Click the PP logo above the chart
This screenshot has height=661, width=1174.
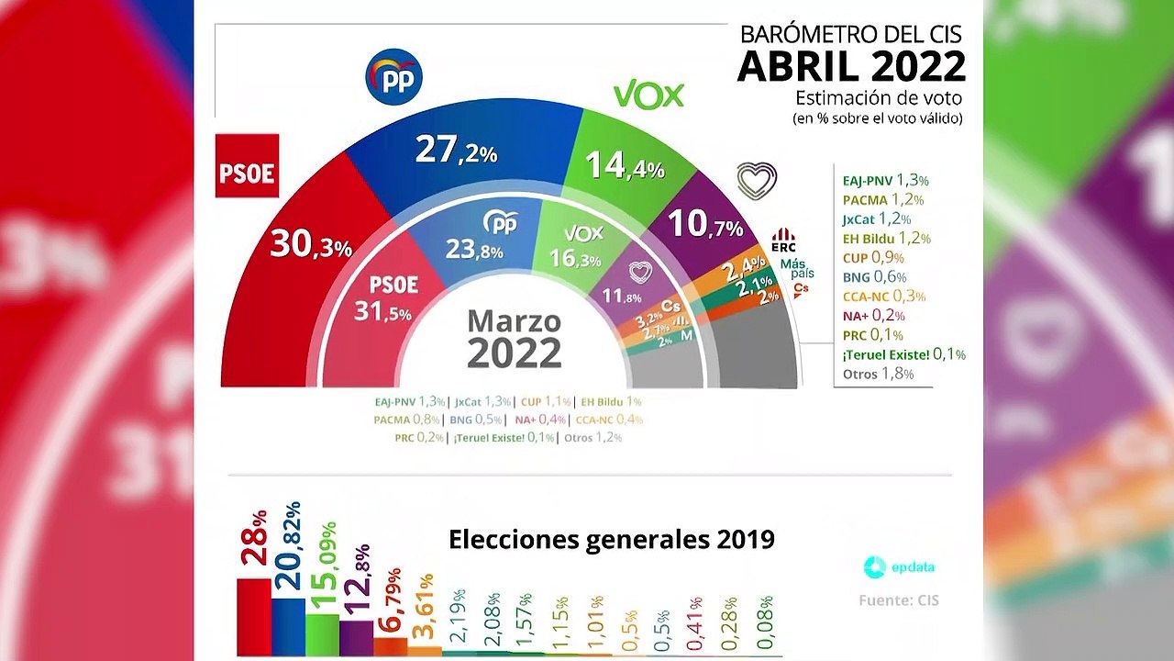(x=393, y=77)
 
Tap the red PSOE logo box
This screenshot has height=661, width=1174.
(x=247, y=166)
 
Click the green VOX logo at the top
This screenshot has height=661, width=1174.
(x=648, y=95)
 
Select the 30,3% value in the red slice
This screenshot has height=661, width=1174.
(x=310, y=244)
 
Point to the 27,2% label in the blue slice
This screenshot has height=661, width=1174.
(x=455, y=150)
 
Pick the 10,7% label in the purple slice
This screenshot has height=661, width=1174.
(x=704, y=225)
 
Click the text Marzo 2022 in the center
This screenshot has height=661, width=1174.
(x=514, y=338)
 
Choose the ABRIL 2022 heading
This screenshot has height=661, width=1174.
(x=851, y=66)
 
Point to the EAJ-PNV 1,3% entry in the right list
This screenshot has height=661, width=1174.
(x=885, y=181)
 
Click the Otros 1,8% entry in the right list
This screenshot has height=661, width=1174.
(x=878, y=374)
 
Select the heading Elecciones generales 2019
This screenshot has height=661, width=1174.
(x=611, y=539)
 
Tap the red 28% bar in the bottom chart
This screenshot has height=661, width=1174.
(x=254, y=616)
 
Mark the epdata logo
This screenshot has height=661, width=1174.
(x=899, y=567)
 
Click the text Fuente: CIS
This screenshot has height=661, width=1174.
(x=898, y=600)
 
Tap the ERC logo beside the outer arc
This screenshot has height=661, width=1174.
(x=782, y=241)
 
